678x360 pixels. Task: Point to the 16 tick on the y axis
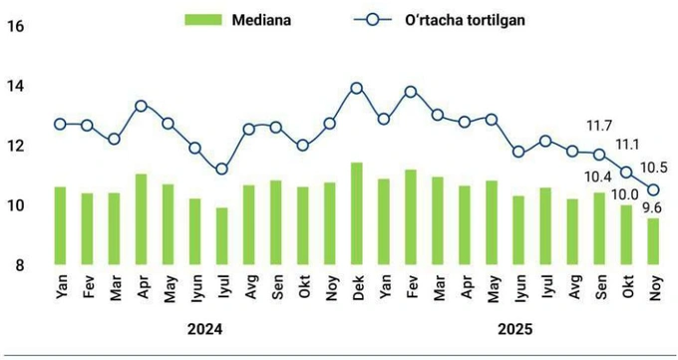[x=15, y=27]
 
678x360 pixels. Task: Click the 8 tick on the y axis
[x=19, y=265]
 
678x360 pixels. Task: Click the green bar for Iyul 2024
[x=221, y=236]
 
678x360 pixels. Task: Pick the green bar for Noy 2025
[x=653, y=242]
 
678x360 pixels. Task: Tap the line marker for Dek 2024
[x=356, y=88]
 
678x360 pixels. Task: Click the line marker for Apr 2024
[x=141, y=106]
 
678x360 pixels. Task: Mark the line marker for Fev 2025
[x=410, y=91]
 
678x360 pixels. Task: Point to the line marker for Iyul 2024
[x=221, y=170]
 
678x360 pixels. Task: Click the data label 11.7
[x=599, y=127]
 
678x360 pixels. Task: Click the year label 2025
[x=515, y=329]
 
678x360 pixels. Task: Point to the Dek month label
[x=356, y=288]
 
